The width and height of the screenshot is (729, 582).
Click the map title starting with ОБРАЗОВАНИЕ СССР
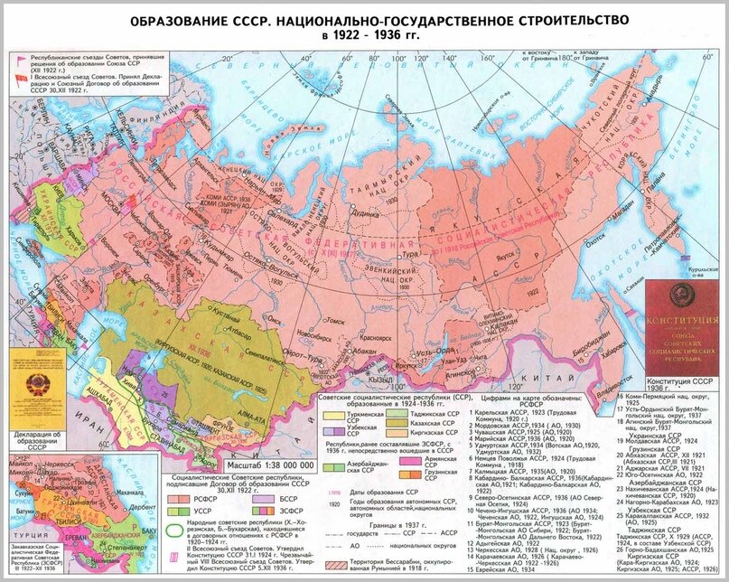364,21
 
